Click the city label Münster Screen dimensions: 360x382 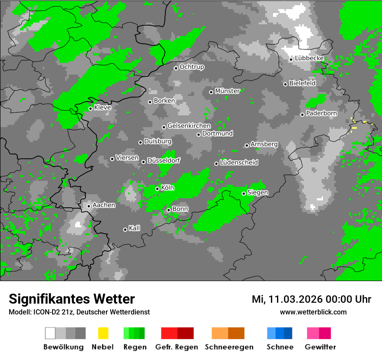click(227, 91)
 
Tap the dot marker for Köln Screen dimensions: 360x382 click(157, 189)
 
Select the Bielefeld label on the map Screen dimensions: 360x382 click(303, 83)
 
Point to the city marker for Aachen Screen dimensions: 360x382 click(89, 206)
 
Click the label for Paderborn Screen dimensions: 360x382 click(322, 114)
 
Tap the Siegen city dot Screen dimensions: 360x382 click(244, 193)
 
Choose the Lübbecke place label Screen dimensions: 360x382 click(310, 59)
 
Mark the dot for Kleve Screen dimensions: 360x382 click(90, 108)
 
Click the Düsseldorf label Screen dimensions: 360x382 click(164, 160)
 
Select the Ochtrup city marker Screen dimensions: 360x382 click(176, 68)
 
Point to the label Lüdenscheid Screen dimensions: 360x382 click(239, 163)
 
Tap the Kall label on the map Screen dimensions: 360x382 click(135, 228)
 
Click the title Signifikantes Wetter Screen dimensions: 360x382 click(72, 299)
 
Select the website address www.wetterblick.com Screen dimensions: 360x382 click(313, 312)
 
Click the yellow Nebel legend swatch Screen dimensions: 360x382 click(103, 333)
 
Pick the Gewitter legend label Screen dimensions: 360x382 click(320, 347)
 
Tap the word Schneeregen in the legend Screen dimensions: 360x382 click(228, 347)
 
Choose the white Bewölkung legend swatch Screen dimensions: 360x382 click(50, 333)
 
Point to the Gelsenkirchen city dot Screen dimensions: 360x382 click(164, 127)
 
